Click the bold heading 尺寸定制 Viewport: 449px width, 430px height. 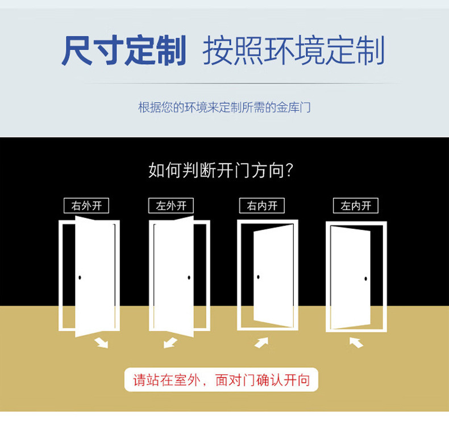tap(124, 51)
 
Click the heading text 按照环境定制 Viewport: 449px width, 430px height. tap(293, 51)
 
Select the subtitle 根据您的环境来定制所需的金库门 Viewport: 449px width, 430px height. tap(224, 107)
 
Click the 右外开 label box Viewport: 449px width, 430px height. tap(86, 206)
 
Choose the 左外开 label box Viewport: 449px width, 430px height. tap(171, 206)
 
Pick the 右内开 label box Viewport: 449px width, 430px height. tap(262, 206)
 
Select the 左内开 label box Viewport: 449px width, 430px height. tap(356, 206)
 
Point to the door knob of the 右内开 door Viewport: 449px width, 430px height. tap(259, 277)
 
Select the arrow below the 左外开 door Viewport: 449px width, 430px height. tap(170, 342)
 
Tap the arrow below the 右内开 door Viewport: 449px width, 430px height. tap(261, 342)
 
